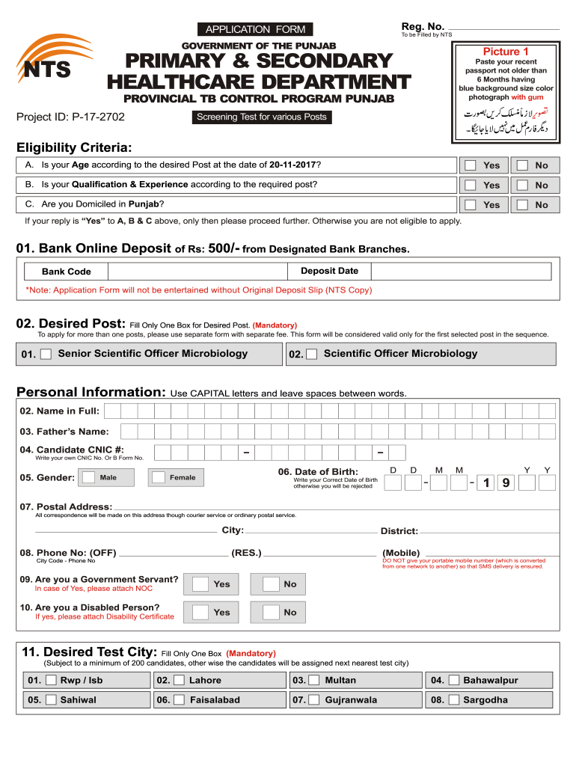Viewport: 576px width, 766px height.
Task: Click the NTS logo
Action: [x=46, y=63]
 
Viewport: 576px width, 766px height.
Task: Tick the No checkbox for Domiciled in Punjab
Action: [x=523, y=205]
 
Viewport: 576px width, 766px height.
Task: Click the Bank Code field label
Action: [x=67, y=272]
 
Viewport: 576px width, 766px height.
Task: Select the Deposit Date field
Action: [x=419, y=271]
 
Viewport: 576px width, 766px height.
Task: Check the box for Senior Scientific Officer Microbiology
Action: [x=46, y=355]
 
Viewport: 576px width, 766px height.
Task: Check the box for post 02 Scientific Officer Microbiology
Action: [x=311, y=355]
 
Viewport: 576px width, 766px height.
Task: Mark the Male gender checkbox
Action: [x=88, y=477]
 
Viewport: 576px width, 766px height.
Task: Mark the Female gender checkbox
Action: [x=158, y=477]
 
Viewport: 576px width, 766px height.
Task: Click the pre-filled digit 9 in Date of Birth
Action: [x=506, y=483]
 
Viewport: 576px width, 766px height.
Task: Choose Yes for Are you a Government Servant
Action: [x=200, y=584]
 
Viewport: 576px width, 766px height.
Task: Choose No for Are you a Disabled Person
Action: [x=270, y=613]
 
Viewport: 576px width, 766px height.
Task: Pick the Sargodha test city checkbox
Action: [x=451, y=700]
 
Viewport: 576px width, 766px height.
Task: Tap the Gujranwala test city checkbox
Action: [x=313, y=700]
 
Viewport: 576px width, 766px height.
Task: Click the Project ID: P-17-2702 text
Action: [x=70, y=117]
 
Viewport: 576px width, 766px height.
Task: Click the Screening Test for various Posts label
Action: [x=261, y=117]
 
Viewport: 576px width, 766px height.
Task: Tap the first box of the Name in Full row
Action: [x=111, y=411]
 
